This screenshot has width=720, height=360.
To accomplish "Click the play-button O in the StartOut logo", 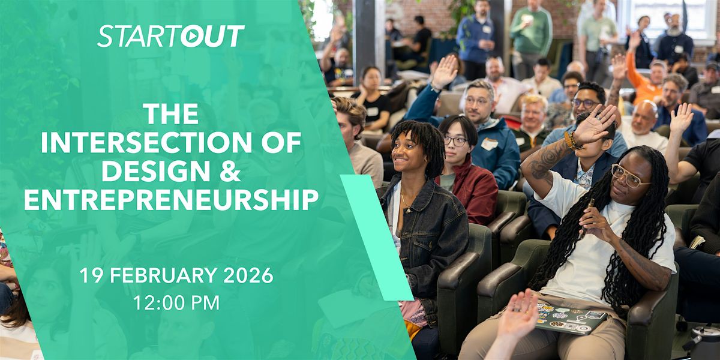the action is (x=193, y=37).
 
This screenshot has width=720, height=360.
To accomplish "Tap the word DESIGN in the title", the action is (x=156, y=171).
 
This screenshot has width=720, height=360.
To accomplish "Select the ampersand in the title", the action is (x=229, y=171).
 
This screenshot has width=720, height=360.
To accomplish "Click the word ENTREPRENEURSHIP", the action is (x=172, y=200).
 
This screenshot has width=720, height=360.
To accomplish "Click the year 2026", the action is (x=248, y=275).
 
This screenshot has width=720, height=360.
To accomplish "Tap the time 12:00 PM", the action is (x=176, y=303).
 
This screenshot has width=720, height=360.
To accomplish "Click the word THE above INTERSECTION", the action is (x=171, y=114).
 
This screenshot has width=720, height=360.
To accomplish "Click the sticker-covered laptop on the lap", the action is (x=571, y=319).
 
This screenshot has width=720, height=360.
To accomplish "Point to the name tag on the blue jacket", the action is (x=489, y=144).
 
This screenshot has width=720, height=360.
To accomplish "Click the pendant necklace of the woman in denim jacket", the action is (x=408, y=211).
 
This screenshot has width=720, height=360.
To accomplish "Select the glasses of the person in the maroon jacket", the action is (x=456, y=140).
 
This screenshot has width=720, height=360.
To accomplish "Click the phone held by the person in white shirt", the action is (x=588, y=212).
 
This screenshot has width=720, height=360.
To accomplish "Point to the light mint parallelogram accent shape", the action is (x=377, y=237).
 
